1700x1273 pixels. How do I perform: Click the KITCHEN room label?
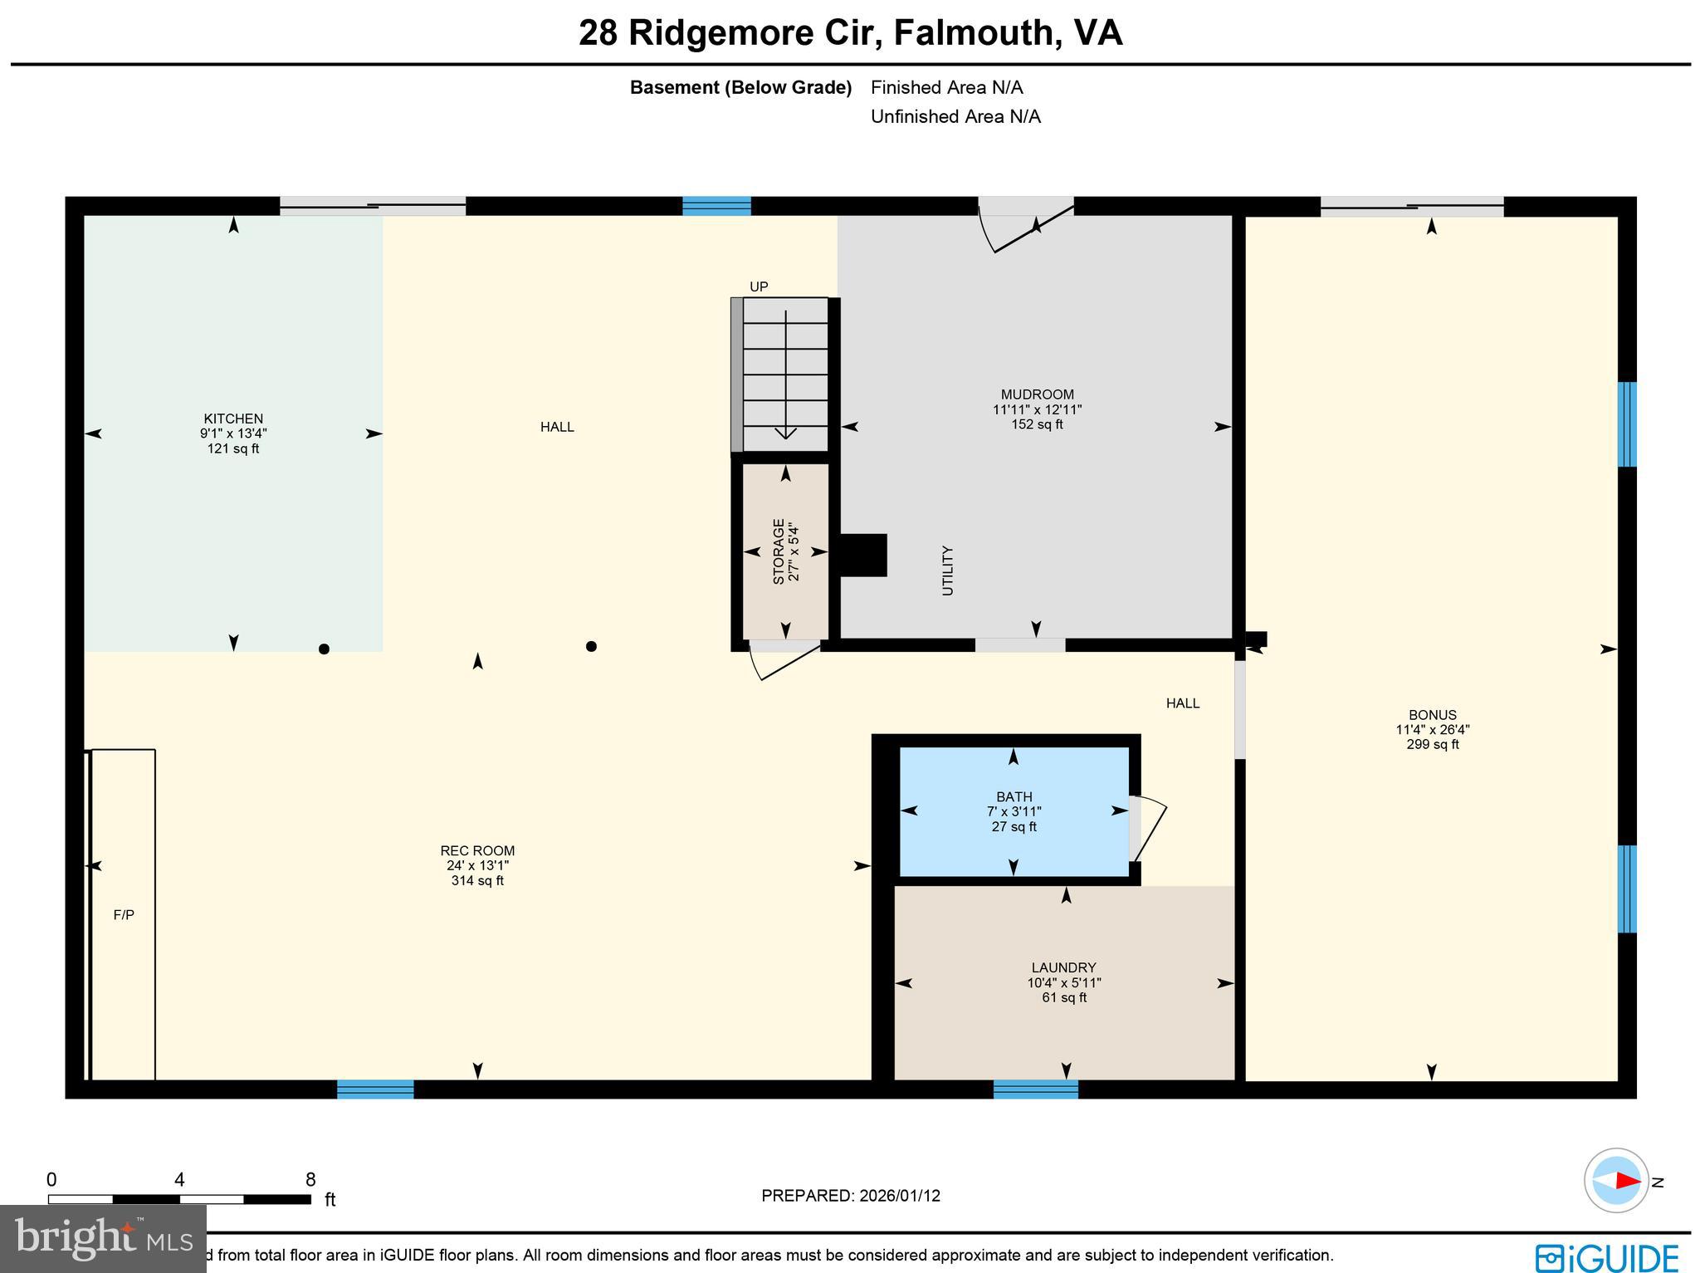(233, 419)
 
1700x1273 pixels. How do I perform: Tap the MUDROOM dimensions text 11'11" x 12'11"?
(1037, 409)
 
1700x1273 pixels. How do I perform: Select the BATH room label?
(1014, 796)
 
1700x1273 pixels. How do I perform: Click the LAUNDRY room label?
(1063, 967)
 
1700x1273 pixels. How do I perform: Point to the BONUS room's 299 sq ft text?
(1432, 745)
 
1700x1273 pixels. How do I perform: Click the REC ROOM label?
(477, 850)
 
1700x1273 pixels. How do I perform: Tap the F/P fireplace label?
(124, 915)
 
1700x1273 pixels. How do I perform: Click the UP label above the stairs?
(759, 286)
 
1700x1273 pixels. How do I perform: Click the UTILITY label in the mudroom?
(948, 570)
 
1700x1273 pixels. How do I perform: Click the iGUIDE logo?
(1606, 1256)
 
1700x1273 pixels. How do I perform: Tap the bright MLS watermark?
(103, 1240)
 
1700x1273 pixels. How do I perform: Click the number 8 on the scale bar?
(310, 1180)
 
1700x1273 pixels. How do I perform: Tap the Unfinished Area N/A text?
(955, 116)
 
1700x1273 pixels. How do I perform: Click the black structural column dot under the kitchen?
(324, 649)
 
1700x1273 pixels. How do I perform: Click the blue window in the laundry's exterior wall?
(1035, 1089)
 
